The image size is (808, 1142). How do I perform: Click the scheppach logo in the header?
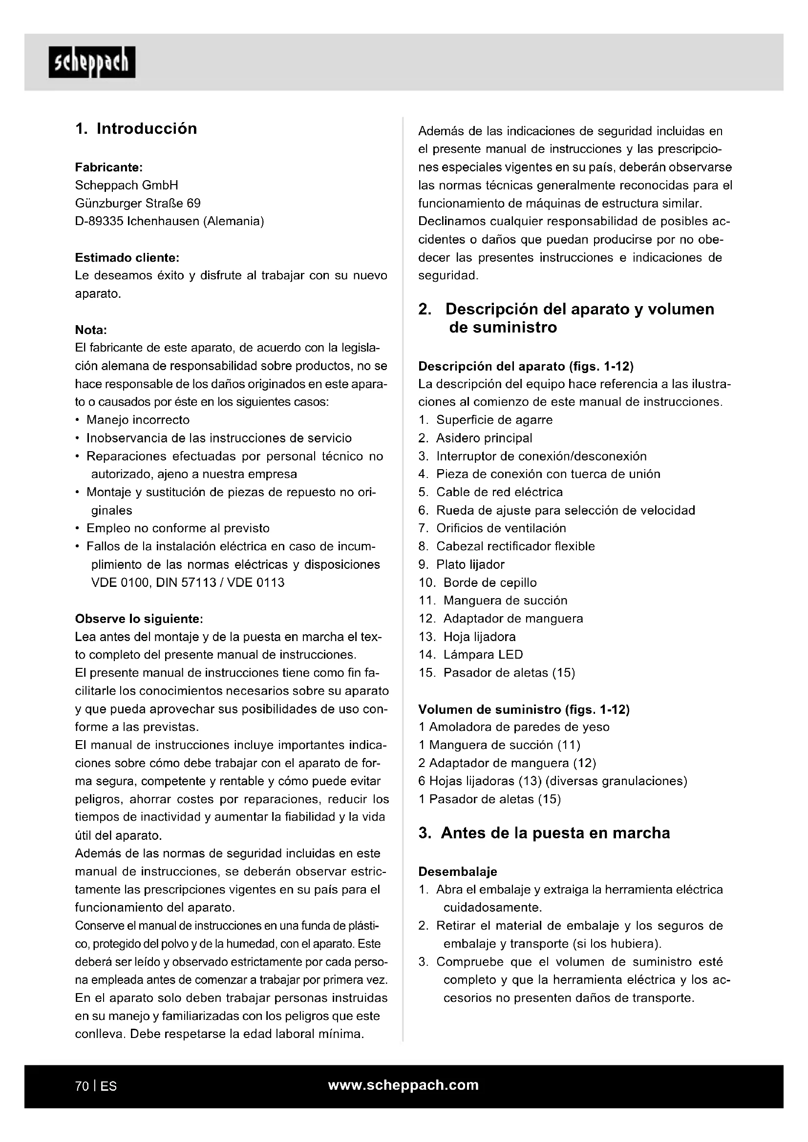(92, 62)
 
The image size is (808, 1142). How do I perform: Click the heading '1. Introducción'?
(136, 129)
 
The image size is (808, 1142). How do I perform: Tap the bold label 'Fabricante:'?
(109, 167)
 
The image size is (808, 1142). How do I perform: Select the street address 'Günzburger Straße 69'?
(138, 204)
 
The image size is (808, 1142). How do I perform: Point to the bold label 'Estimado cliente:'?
(127, 258)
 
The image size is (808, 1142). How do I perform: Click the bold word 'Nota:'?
(91, 330)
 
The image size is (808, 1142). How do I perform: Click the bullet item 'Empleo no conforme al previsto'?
(178, 528)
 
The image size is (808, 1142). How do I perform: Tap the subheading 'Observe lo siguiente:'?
(139, 619)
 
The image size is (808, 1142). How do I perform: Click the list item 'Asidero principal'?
(484, 438)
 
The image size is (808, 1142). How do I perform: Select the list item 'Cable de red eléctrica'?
(499, 492)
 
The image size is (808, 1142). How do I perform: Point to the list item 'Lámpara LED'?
(483, 655)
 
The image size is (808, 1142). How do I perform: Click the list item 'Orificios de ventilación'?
(501, 528)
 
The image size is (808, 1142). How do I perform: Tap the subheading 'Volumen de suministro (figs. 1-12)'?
(524, 709)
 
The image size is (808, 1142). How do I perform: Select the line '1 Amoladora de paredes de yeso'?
(514, 727)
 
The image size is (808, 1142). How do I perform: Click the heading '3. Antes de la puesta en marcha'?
(544, 833)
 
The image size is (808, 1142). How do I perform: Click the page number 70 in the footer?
(82, 1086)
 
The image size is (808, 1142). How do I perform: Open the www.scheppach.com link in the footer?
(404, 1085)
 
